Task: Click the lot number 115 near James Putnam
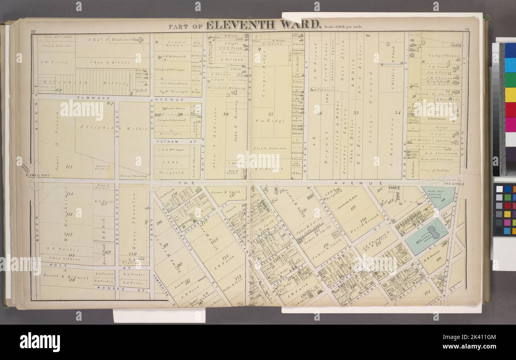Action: coord(68,167)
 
